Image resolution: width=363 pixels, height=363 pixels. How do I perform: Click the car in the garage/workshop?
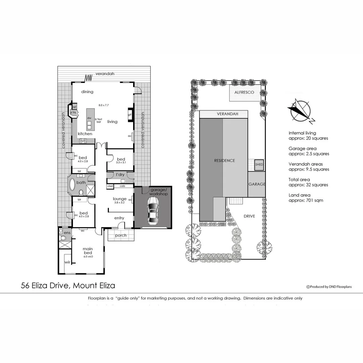click(153, 211)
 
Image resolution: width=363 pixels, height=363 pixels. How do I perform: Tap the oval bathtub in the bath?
click(72, 185)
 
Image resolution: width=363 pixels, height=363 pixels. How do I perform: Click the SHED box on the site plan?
click(259, 165)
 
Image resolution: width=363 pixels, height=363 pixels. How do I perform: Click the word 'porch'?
click(121, 235)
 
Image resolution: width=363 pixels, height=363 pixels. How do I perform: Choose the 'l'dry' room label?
click(120, 175)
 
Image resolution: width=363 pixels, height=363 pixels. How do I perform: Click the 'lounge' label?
click(120, 199)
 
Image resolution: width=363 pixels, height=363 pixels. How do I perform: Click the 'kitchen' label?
click(85, 134)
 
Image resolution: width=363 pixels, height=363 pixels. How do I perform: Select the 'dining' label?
click(87, 92)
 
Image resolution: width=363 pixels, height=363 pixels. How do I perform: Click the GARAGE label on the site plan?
click(257, 184)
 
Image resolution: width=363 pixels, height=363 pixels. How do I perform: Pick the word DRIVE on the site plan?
click(249, 216)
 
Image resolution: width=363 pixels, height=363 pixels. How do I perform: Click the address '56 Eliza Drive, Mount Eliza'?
click(68, 286)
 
